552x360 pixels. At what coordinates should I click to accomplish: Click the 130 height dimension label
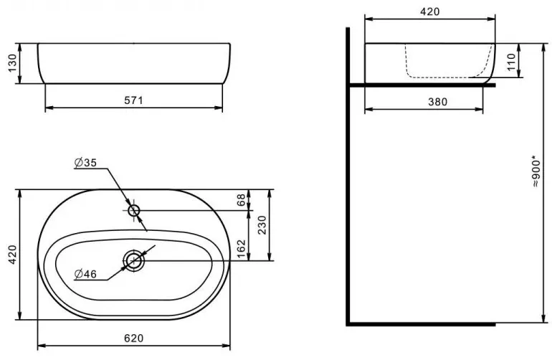pos(12,63)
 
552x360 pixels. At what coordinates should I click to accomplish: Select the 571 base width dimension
pos(134,100)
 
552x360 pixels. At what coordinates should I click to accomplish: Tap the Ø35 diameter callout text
pos(85,162)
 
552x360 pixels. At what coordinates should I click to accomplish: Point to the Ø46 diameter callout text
pos(85,274)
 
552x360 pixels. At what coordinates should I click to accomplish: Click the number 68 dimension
pos(241,200)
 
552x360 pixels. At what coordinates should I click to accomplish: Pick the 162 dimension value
pos(241,249)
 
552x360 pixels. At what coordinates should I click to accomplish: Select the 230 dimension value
pos(262,225)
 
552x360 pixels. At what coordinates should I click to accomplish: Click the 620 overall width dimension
pos(134,338)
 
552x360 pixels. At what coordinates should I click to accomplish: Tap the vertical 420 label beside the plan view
pos(12,255)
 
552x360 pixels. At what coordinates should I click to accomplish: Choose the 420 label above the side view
pos(430,11)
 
